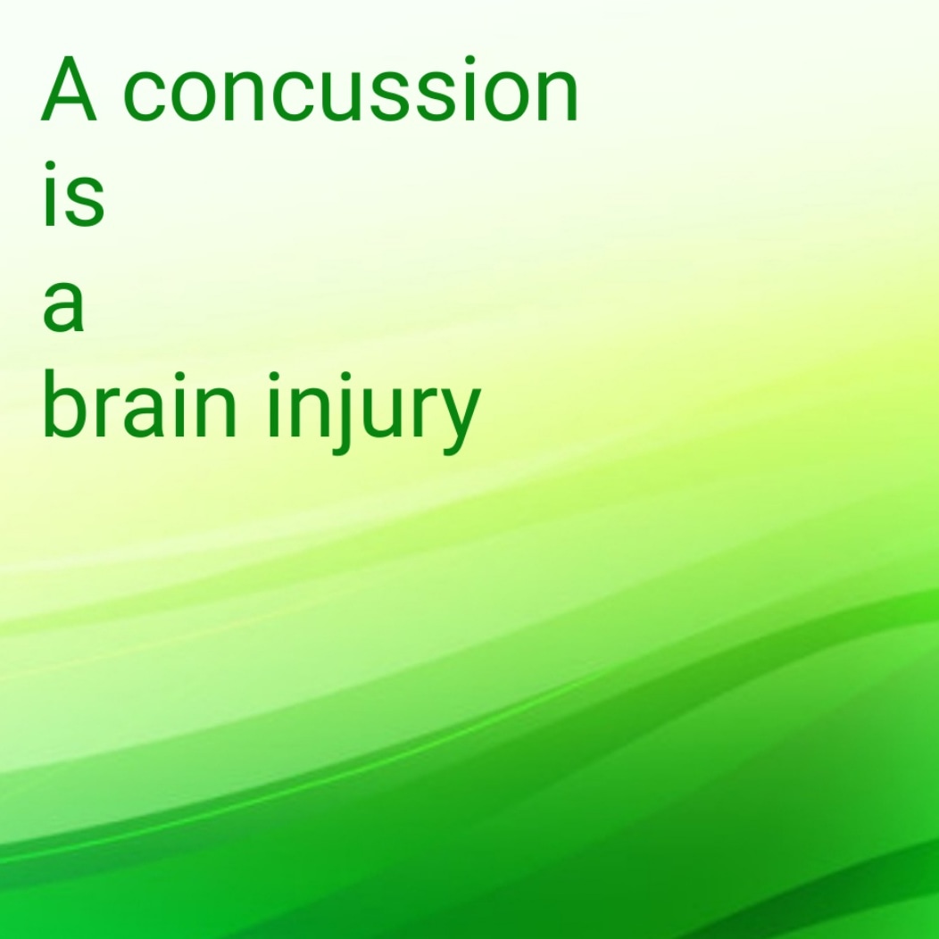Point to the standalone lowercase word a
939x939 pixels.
coord(63,309)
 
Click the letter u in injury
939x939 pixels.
coord(383,416)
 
